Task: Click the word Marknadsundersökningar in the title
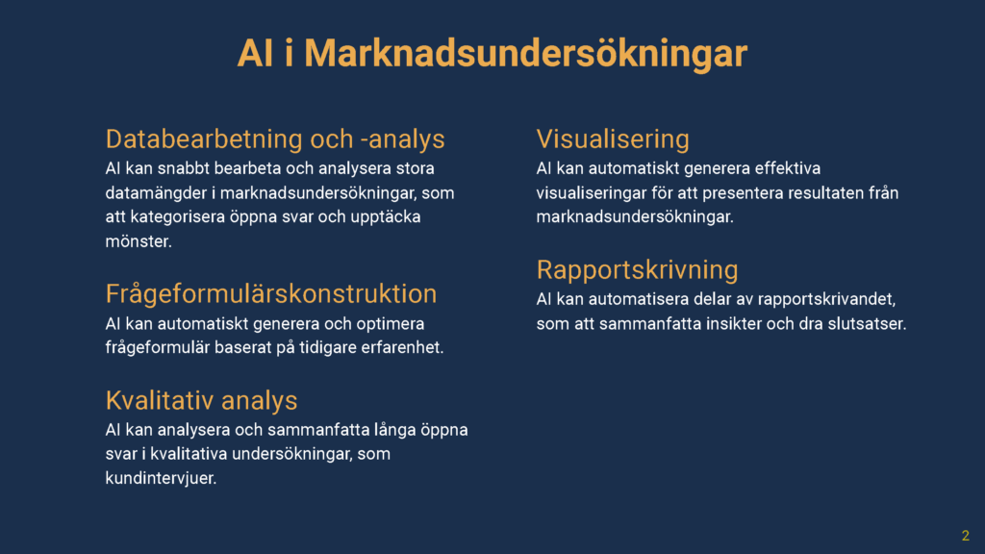(526, 53)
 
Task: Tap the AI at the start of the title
(255, 53)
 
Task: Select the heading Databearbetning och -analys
(275, 138)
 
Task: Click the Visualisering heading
(613, 139)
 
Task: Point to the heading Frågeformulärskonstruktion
(270, 293)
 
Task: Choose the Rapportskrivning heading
(637, 269)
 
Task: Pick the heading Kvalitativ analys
(202, 400)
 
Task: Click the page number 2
(966, 536)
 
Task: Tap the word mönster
(139, 241)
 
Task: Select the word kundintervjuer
(161, 478)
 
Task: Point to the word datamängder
(157, 192)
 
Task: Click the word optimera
(391, 324)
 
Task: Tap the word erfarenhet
(402, 347)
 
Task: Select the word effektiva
(788, 168)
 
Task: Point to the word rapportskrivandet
(835, 300)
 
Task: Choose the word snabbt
(184, 168)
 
